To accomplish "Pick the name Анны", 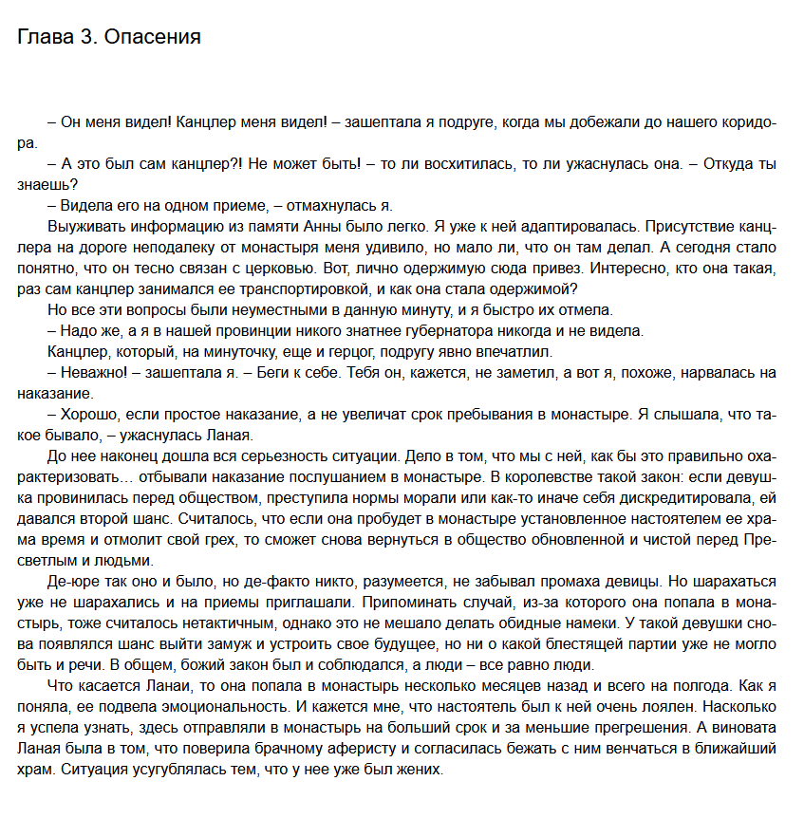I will pos(327,227).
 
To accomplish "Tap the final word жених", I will pos(421,770).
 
